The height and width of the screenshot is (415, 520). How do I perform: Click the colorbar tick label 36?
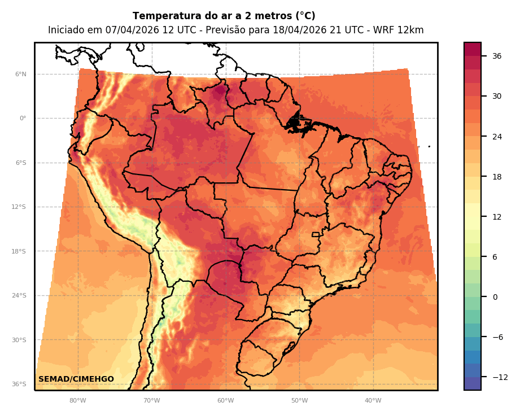497,56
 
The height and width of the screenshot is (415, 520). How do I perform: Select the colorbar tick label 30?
497,96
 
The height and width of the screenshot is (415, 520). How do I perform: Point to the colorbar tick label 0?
495,297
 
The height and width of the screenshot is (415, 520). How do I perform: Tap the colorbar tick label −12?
500,377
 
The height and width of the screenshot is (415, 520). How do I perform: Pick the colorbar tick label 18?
497,177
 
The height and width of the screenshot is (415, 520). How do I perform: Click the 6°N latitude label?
20,74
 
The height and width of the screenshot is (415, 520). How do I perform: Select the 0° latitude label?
23,119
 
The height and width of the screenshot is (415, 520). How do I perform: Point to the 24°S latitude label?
19,295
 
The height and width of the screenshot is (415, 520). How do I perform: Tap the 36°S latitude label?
19,384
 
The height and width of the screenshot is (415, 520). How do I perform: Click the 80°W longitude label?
77,401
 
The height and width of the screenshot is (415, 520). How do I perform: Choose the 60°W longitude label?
225,401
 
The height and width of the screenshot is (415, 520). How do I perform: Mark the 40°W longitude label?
373,401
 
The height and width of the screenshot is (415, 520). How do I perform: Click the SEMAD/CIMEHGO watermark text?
76,379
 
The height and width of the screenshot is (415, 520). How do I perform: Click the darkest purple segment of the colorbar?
473,383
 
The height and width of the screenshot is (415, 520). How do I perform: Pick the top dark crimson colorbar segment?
473,49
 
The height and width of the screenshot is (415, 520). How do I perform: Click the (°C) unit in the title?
305,16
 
